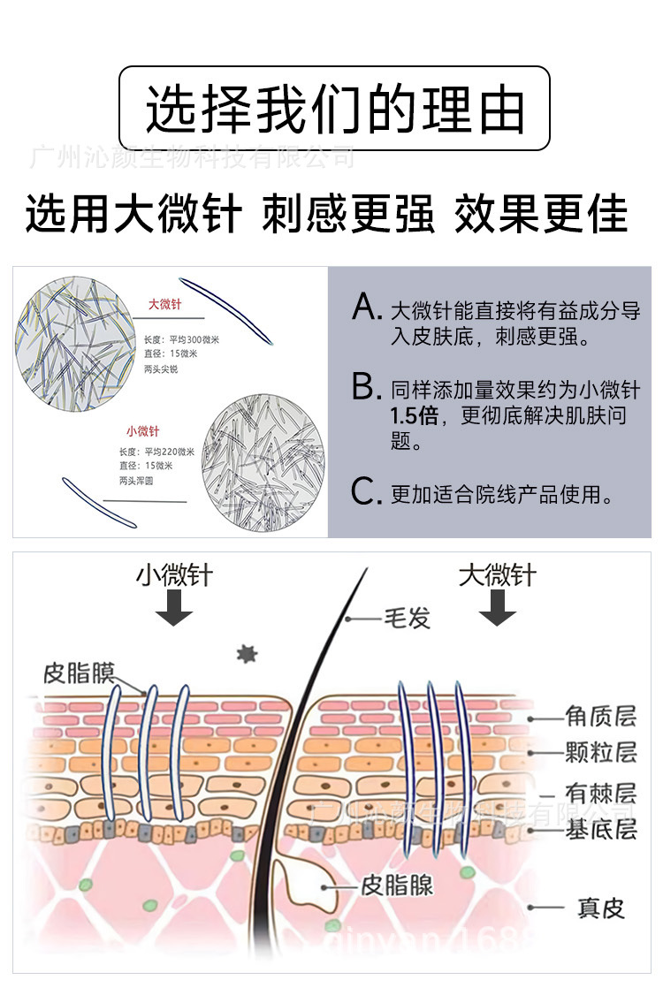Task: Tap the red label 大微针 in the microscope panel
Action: point(164,305)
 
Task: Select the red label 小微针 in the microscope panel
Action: point(142,431)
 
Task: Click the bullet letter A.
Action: point(365,308)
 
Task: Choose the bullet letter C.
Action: point(365,491)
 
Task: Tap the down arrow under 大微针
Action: point(497,609)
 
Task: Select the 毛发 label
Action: point(406,618)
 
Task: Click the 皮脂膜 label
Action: point(79,674)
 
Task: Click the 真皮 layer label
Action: point(600,908)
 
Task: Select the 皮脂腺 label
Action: point(397,885)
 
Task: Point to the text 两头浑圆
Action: point(136,481)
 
